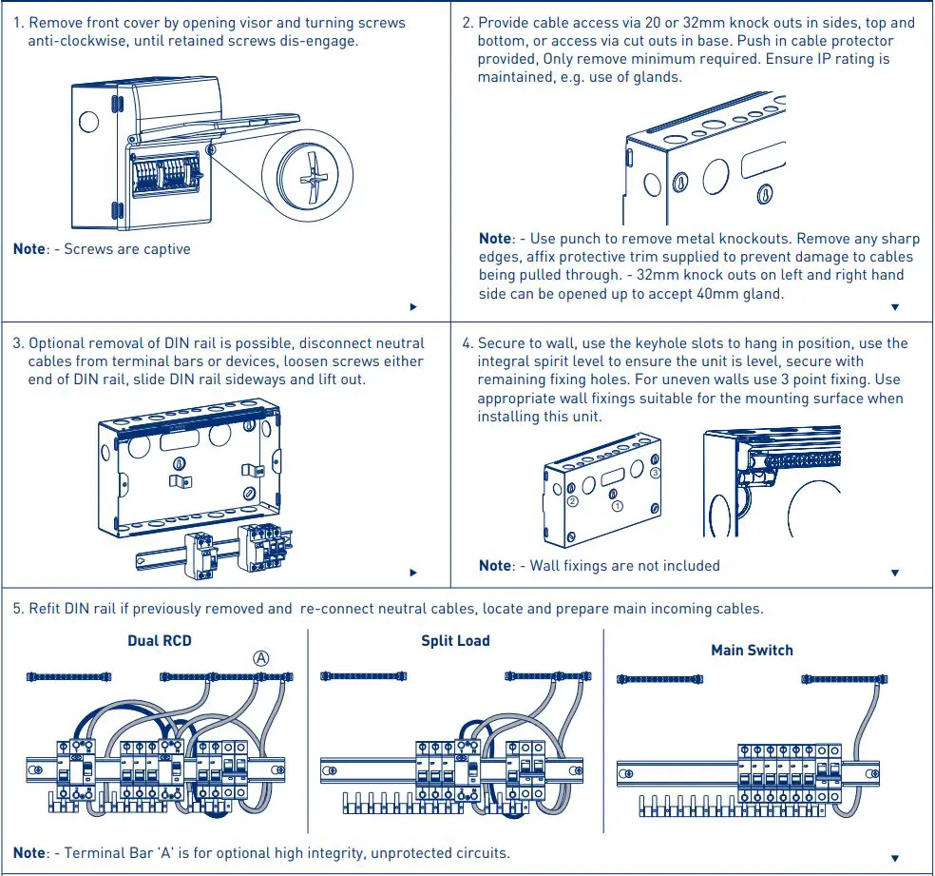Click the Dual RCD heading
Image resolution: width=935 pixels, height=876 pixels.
click(159, 641)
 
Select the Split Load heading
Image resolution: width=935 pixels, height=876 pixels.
click(455, 641)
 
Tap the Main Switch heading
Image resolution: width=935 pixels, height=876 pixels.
click(752, 651)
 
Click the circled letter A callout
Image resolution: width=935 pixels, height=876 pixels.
click(260, 658)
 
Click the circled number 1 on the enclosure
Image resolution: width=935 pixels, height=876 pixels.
click(618, 506)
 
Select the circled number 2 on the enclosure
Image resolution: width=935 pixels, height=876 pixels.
click(572, 501)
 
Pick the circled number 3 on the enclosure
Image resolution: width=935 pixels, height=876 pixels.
click(655, 473)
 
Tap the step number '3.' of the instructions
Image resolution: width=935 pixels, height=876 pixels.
click(18, 343)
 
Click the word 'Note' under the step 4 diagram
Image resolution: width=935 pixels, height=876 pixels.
click(494, 566)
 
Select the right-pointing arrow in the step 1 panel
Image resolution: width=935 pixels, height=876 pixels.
click(413, 307)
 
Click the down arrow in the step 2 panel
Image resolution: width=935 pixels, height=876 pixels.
click(894, 307)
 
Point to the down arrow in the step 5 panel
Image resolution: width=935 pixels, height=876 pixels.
click(894, 858)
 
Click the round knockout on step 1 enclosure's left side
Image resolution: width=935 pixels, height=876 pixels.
click(87, 122)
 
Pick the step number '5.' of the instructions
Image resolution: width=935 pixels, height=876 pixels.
click(18, 609)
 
